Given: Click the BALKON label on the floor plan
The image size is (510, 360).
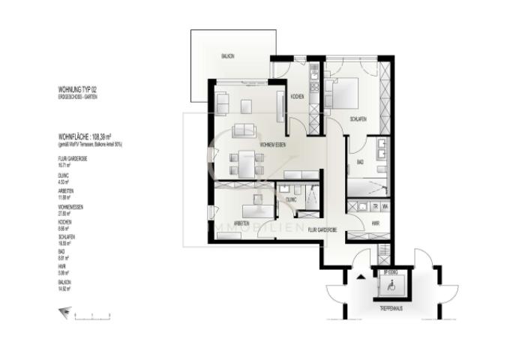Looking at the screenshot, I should point(227,56).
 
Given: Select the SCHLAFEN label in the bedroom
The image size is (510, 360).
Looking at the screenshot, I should point(358,118).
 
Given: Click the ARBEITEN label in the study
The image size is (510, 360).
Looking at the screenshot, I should point(241,223).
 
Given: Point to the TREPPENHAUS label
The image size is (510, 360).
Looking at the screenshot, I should point(391,307).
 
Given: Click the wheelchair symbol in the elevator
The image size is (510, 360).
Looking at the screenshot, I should point(389,286).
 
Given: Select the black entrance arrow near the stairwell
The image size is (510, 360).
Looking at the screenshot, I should point(359,276).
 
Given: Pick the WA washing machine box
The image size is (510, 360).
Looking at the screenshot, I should point(384,206).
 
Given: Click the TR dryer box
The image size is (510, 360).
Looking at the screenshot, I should point(373,206).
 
